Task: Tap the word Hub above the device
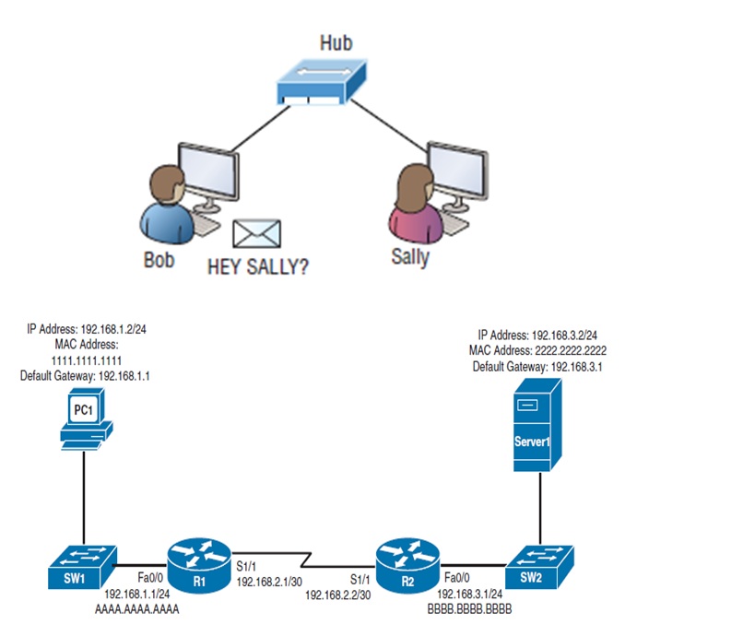[x=336, y=42]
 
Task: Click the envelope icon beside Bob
[x=256, y=234]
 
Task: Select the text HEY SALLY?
[x=258, y=266]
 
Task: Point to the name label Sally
[x=410, y=256]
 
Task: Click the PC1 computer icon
[x=86, y=419]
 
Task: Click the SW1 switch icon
[x=82, y=564]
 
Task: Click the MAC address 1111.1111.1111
[x=84, y=359]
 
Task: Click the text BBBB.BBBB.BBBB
[x=469, y=609]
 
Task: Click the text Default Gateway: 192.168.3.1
[x=541, y=366]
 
